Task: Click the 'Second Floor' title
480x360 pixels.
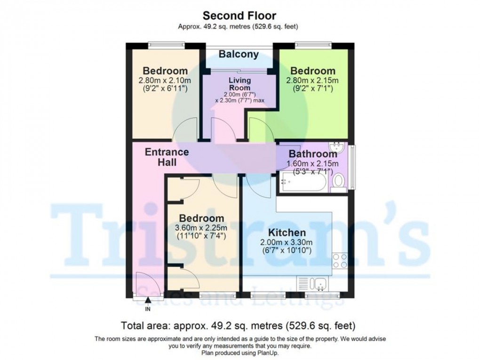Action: (240, 16)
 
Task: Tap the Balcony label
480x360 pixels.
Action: (239, 54)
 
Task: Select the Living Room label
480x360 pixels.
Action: (240, 84)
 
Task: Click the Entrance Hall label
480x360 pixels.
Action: (167, 157)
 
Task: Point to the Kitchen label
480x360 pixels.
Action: (287, 232)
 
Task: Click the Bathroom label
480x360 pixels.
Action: (312, 154)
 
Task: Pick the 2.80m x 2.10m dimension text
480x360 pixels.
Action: (162, 80)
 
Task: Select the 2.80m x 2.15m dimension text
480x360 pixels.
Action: (312, 80)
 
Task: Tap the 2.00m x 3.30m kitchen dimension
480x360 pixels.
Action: (287, 242)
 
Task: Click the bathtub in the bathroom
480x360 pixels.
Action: (303, 182)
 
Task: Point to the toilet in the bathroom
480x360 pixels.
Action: (338, 183)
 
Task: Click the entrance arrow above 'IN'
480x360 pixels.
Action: (148, 300)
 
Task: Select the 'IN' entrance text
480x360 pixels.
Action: (148, 309)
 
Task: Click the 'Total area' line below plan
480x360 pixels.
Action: (238, 326)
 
